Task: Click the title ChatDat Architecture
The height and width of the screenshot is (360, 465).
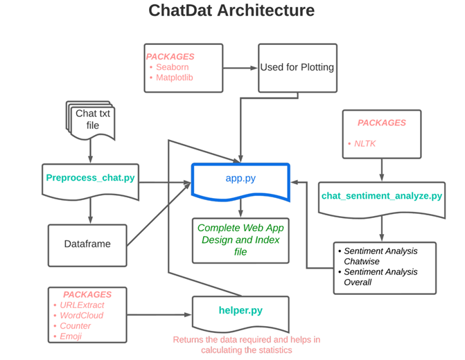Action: [231, 11]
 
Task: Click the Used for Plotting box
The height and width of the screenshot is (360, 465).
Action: [297, 68]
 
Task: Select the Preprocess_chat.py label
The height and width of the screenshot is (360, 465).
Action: [90, 177]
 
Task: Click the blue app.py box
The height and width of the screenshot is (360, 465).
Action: [240, 179]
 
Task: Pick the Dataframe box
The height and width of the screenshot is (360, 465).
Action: [87, 244]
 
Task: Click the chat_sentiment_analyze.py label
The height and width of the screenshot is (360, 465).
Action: [381, 196]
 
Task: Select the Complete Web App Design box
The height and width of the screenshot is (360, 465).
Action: [240, 240]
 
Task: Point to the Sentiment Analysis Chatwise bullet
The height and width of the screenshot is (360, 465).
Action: [380, 256]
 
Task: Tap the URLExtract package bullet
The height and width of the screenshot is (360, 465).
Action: [84, 305]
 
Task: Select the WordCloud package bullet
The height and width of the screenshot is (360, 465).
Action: [82, 316]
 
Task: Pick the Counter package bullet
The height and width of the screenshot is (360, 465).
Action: [76, 326]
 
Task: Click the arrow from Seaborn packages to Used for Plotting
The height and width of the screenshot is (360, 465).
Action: [240, 68]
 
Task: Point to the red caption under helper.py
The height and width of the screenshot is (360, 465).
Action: [246, 345]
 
